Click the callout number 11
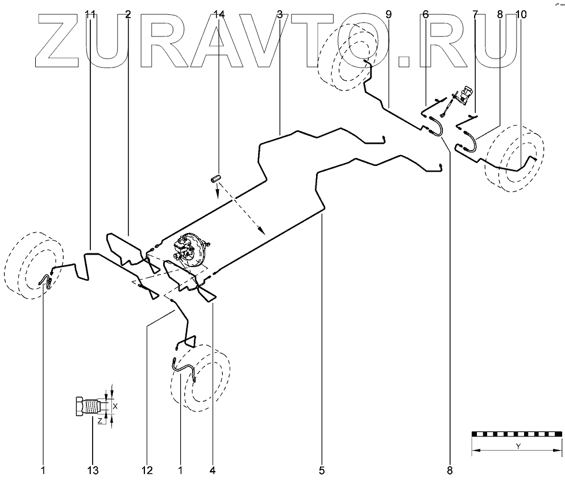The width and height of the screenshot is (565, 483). click(x=90, y=15)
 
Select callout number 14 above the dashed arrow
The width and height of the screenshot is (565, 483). click(x=219, y=15)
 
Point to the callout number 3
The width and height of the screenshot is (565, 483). click(x=280, y=15)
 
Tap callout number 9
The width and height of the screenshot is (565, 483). click(x=388, y=15)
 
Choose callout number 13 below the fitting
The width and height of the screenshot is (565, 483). click(x=93, y=470)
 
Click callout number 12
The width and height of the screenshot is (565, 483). click(x=147, y=470)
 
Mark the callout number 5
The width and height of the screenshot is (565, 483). click(x=322, y=470)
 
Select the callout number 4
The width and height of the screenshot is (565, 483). click(x=212, y=470)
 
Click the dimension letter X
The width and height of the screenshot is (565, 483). click(x=115, y=406)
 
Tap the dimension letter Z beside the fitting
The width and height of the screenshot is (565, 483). click(x=99, y=421)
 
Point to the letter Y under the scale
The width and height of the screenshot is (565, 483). click(x=518, y=446)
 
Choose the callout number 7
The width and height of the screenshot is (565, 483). click(x=476, y=15)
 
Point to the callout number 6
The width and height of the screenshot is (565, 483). click(x=425, y=15)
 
